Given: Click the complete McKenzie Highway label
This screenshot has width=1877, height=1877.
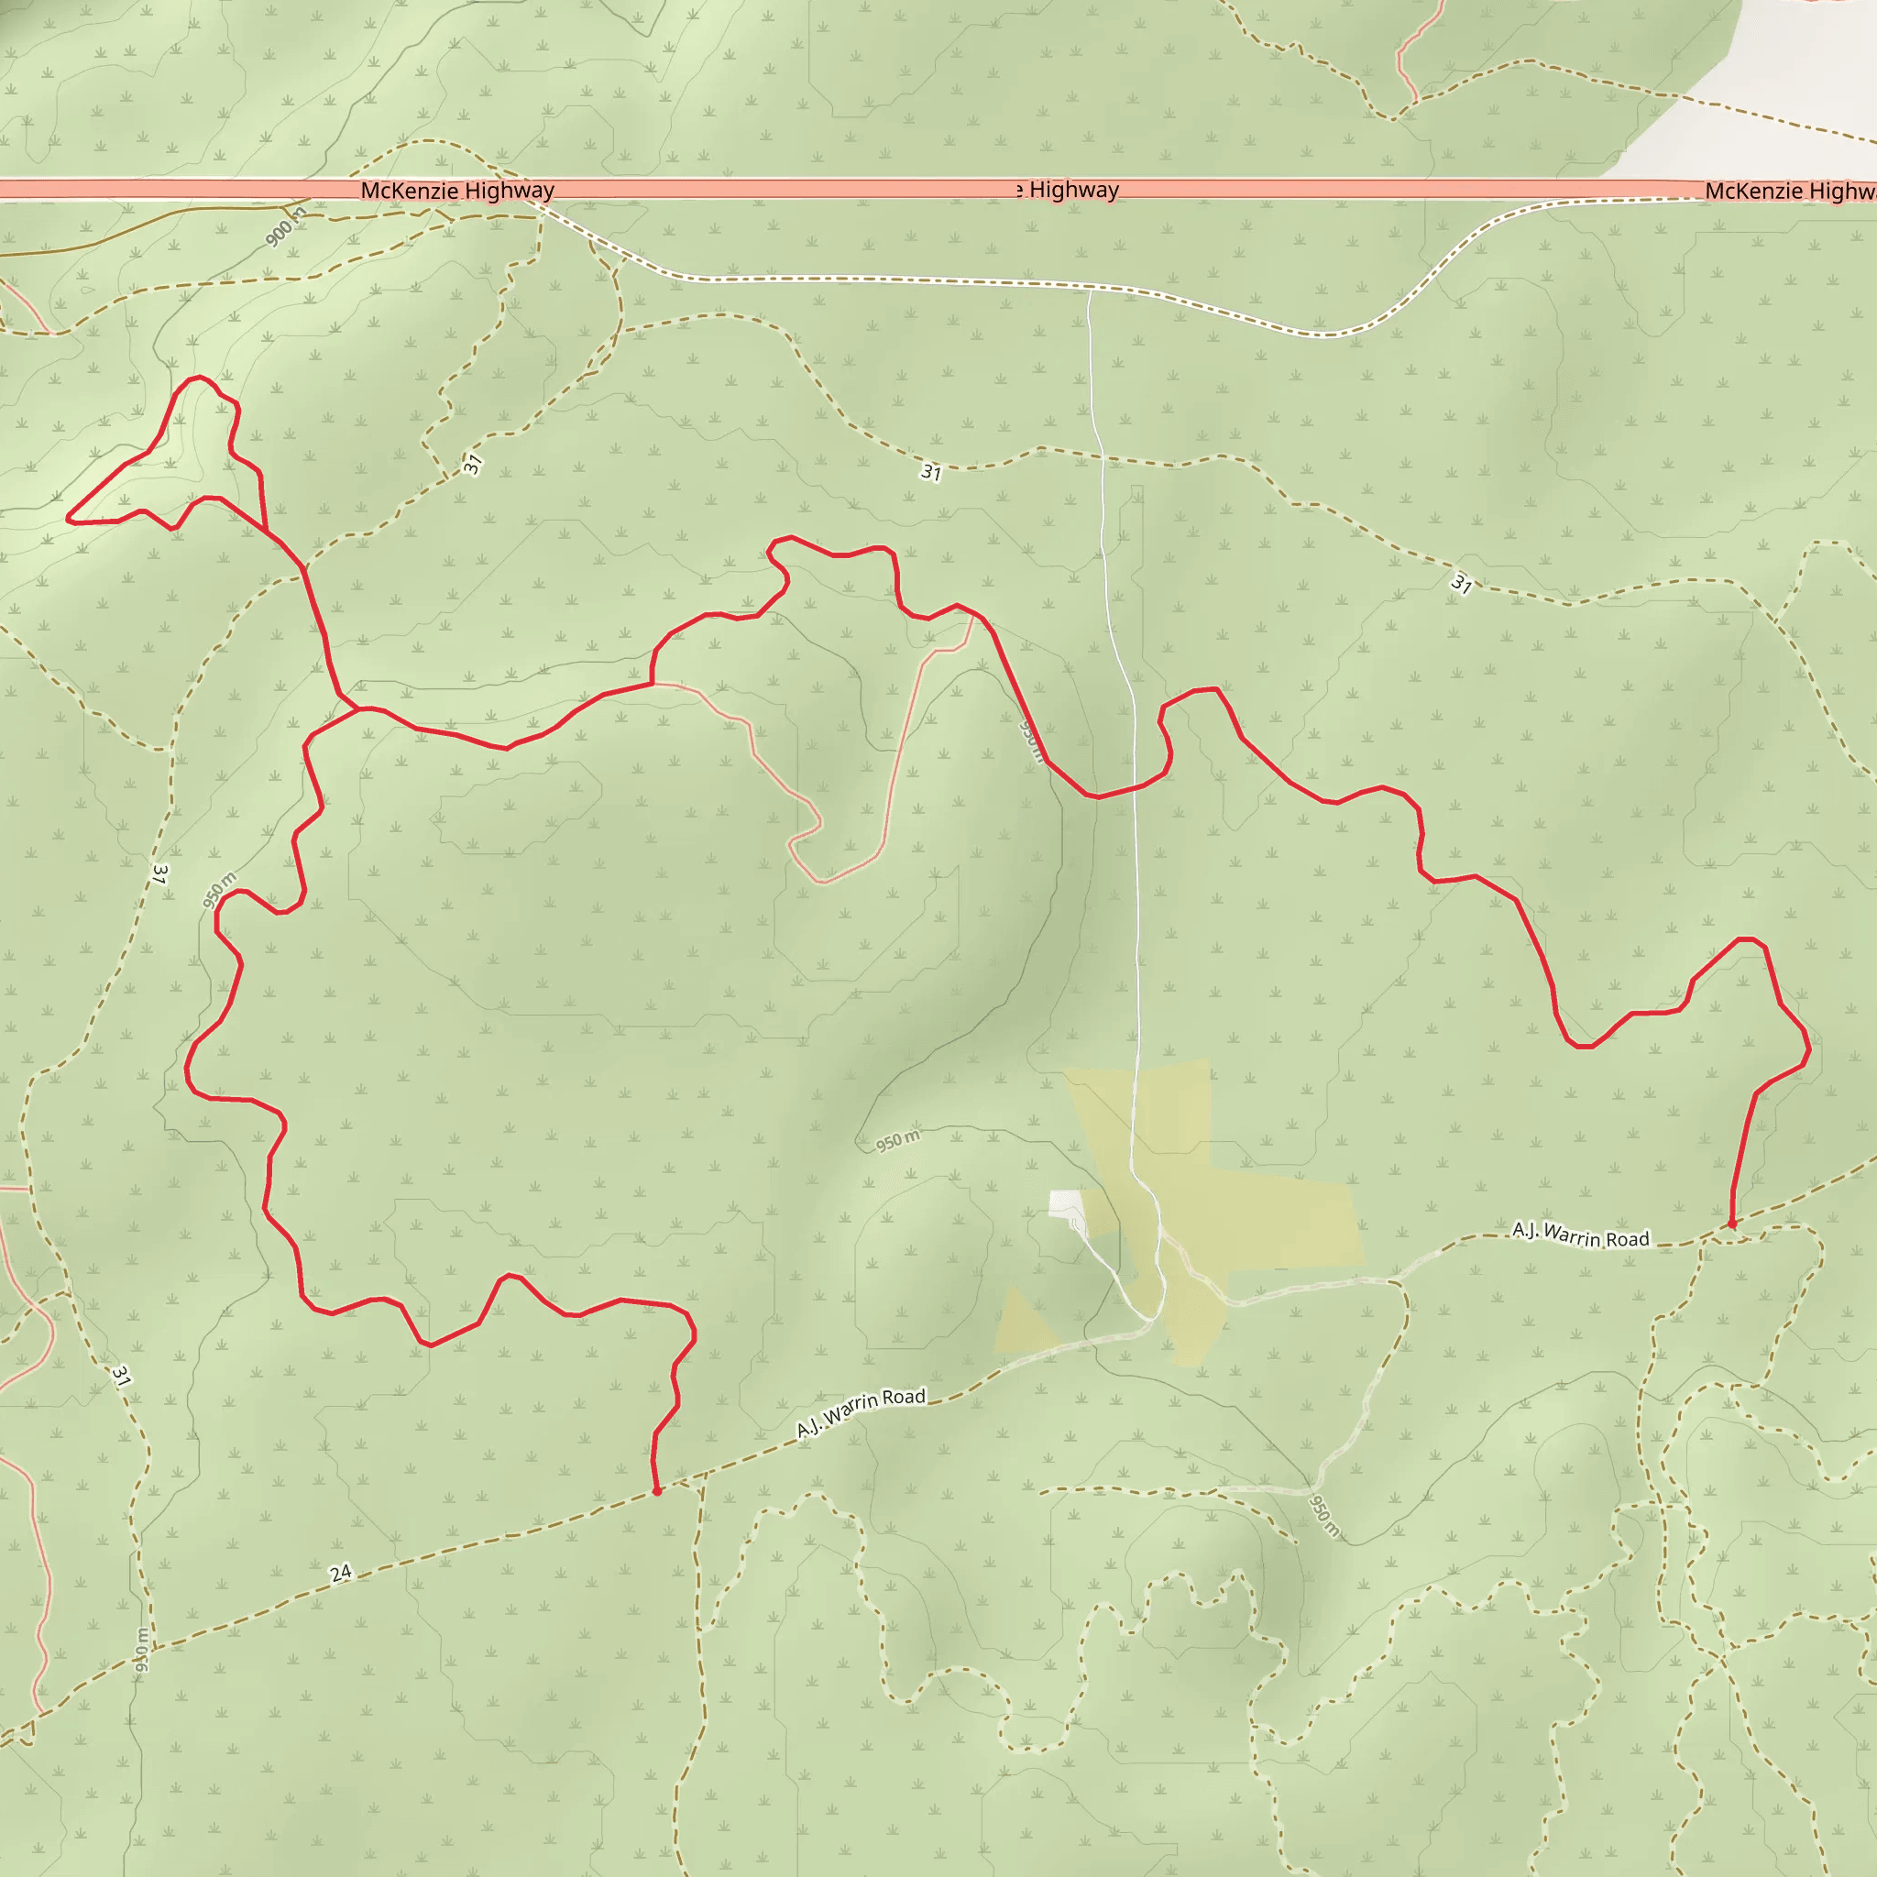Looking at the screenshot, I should pos(456,191).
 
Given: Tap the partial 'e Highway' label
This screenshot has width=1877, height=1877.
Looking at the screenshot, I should pos(1068,190).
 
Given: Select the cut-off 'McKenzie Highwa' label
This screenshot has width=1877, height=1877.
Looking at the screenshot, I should pos(1790,191).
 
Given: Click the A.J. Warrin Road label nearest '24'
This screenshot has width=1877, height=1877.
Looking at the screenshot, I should pos(861,1412).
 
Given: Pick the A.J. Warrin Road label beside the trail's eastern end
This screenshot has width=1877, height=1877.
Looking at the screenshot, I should pos(1581,1235).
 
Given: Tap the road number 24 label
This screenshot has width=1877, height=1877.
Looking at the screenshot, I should pos(340,1573).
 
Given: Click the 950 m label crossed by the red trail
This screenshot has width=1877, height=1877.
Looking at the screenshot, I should pos(1031,741).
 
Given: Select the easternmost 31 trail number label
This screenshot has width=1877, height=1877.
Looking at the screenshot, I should pos(1461,584).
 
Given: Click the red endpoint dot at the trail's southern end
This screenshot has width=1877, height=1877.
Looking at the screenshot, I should pos(657,1490).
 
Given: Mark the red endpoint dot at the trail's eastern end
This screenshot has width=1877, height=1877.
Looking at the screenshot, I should pos(1731,1225).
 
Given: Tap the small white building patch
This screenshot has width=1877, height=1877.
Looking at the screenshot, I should pos(1065,1202).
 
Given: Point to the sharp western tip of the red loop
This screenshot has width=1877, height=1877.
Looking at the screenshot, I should pos(68,519).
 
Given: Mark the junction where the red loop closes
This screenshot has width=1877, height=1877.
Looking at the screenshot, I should pos(266,531).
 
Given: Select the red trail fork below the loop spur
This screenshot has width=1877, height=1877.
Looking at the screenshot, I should pos(357,709).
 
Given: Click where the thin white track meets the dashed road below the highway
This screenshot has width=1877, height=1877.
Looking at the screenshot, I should pos(1089,290).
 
